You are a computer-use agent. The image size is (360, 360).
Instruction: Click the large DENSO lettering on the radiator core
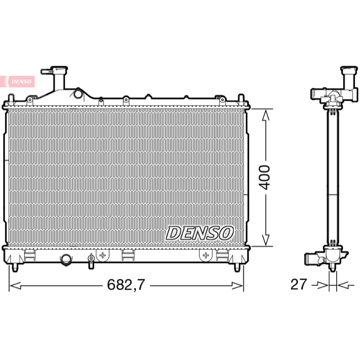[199, 233]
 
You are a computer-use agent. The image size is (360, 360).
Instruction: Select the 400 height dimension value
[264, 177]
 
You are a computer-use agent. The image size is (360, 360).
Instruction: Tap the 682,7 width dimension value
[126, 284]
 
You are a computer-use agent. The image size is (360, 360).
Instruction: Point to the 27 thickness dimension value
[298, 284]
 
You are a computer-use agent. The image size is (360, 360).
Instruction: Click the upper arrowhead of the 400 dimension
[265, 115]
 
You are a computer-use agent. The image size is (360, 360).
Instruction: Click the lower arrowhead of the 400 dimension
[265, 240]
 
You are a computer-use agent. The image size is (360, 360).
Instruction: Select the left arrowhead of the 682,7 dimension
[15, 286]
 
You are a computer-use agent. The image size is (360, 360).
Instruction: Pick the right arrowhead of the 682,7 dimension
[238, 286]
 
